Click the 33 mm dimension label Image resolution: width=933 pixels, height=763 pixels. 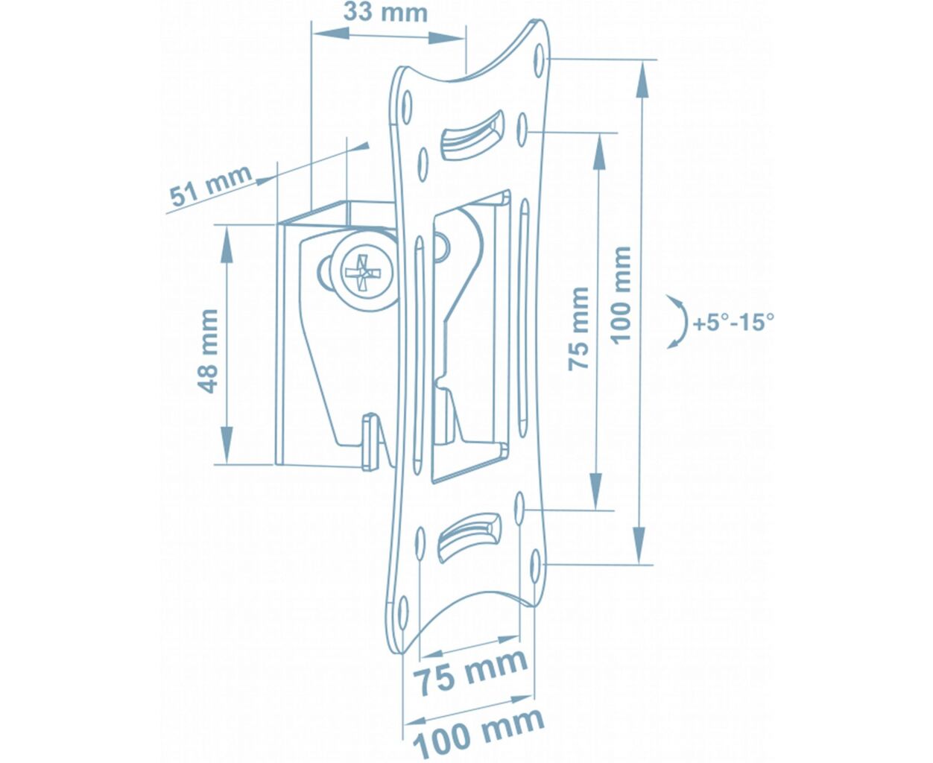385,13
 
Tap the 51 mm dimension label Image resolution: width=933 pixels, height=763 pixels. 211,186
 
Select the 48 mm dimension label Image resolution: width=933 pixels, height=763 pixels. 207,351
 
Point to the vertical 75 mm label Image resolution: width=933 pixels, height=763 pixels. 578,329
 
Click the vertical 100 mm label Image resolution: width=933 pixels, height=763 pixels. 621,295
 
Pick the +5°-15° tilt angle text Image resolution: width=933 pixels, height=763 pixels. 734,322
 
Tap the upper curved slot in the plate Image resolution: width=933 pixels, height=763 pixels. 472,136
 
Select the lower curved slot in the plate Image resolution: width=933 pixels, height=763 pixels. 469,537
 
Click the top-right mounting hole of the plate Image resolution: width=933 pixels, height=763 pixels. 540,60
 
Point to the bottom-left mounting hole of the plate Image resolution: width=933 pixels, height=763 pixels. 403,612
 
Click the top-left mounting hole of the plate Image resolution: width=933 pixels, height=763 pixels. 407,107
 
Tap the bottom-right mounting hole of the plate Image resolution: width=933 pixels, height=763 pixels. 537,566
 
